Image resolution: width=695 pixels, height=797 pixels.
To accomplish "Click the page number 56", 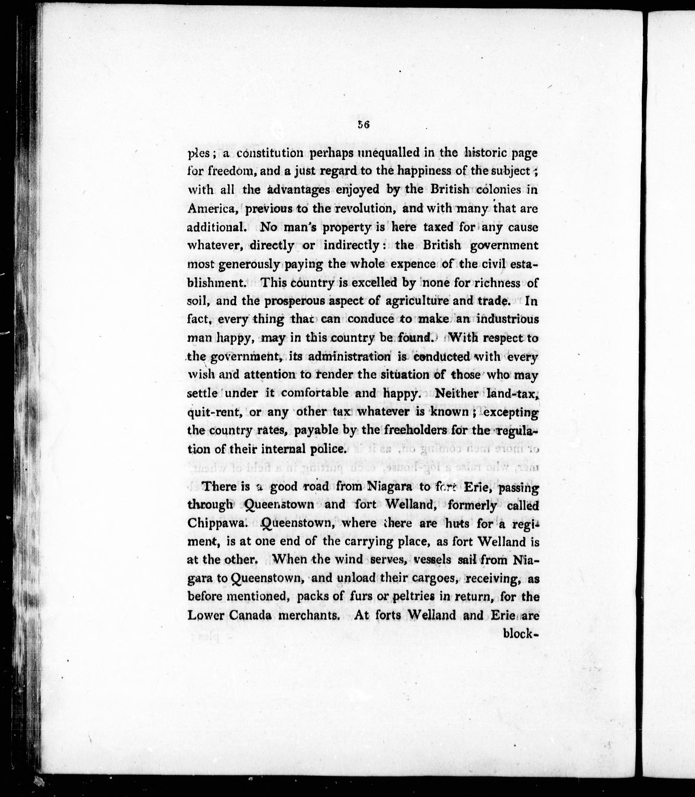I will coord(363,125).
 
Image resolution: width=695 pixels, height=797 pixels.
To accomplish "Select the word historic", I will coord(486,153).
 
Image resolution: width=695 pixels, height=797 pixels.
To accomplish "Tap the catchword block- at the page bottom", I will coord(520,633).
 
